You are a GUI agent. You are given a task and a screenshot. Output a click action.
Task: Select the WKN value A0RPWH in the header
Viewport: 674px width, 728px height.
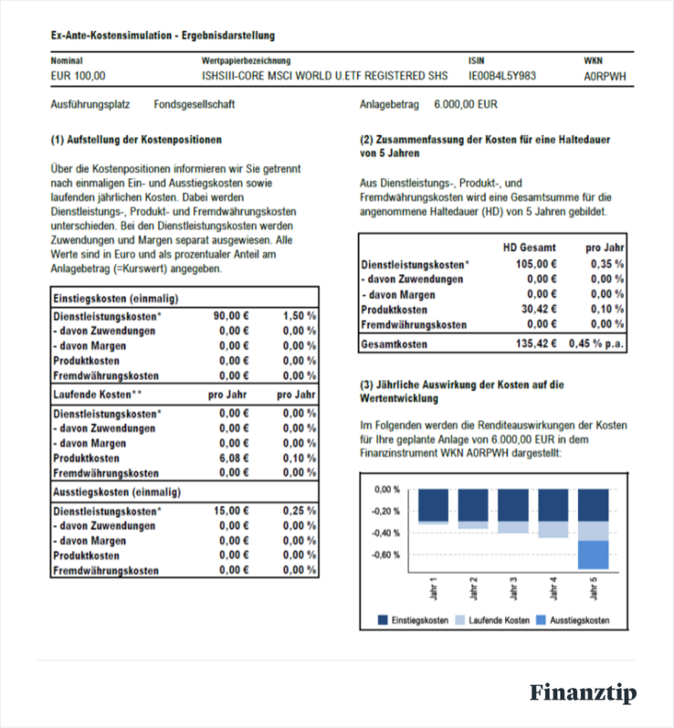point(605,76)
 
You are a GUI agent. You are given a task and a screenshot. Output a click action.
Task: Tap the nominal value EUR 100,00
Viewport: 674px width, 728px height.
point(78,76)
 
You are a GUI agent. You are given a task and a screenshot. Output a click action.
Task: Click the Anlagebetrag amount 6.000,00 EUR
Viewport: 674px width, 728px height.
point(466,105)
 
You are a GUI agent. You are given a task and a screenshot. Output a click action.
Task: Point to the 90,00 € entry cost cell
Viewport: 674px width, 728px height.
point(232,315)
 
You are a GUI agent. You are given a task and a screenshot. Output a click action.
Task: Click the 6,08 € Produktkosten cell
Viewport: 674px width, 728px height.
point(234,458)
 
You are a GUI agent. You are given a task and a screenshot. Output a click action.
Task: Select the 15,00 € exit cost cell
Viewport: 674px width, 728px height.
point(232,511)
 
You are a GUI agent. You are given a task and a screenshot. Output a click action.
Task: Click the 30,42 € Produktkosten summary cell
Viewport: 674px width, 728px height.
point(538,310)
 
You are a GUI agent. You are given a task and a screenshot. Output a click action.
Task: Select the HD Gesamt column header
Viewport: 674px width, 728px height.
point(530,248)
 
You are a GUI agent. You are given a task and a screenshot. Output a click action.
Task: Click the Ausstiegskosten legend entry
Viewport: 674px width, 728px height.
point(579,620)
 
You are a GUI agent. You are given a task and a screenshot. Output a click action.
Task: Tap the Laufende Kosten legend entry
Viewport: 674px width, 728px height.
point(499,620)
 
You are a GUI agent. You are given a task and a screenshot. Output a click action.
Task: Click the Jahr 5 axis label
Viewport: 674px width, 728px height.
point(594,588)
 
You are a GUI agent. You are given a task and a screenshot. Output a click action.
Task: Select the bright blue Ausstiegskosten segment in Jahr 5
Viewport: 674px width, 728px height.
point(594,554)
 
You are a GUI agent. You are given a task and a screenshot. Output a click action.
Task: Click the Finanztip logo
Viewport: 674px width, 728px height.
point(583,693)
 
